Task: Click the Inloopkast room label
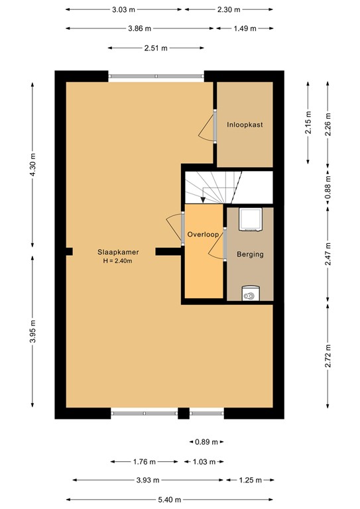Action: point(244,124)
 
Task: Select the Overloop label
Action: point(203,235)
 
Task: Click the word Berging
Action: point(250,254)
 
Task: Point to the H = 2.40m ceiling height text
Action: point(117,261)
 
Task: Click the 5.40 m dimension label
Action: point(169,500)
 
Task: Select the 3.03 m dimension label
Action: point(124,9)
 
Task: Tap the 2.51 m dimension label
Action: point(156,48)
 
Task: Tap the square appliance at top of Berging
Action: point(250,219)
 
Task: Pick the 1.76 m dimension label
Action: point(143,462)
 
